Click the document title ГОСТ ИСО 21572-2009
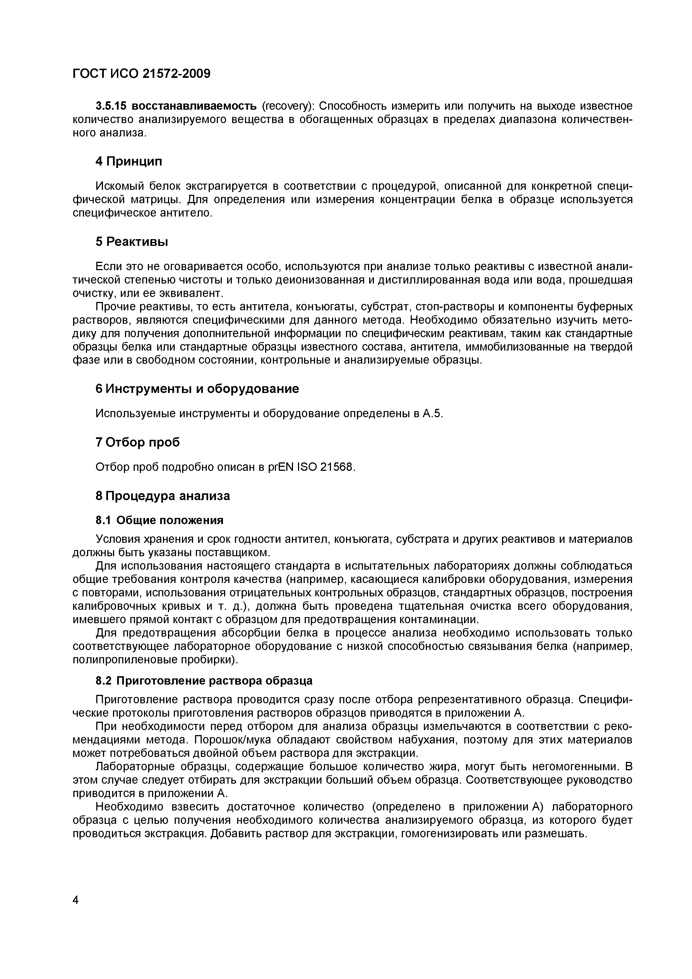pos(141,74)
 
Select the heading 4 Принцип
pos(128,162)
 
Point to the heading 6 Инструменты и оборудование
pos(197,389)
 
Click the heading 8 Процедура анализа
pos(162,496)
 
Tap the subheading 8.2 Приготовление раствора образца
pos(204,681)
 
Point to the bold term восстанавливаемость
pos(194,106)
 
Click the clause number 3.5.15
pos(112,106)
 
